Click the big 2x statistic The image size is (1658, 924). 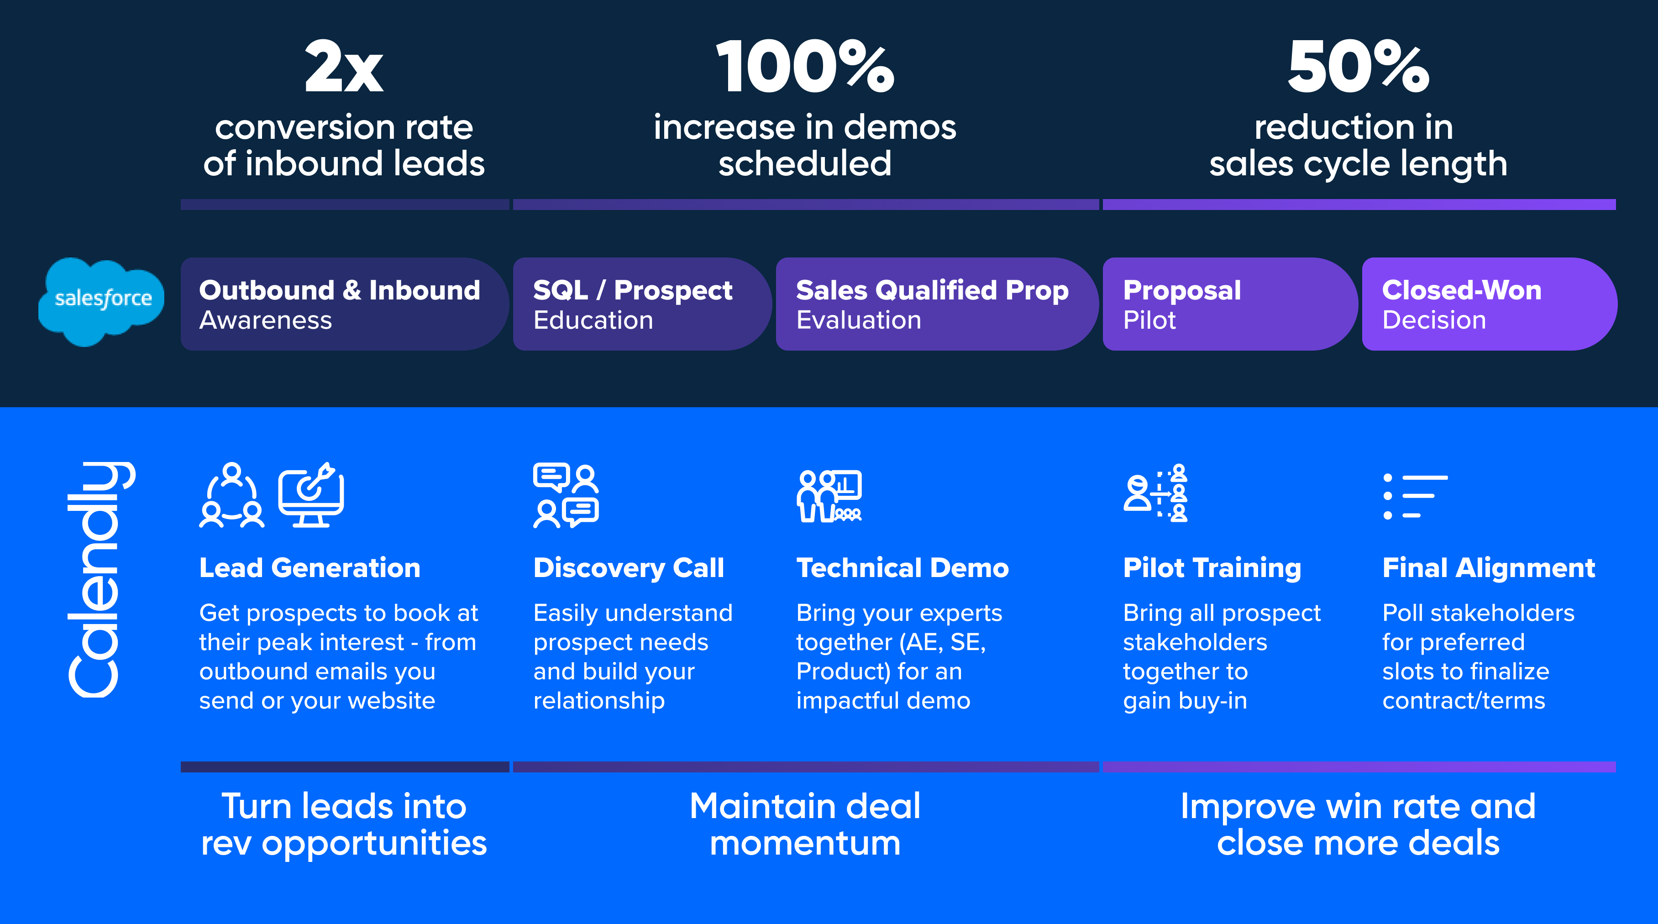[344, 67]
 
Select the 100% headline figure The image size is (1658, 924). [804, 67]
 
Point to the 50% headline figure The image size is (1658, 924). [1358, 67]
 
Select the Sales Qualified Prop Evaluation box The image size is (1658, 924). [933, 304]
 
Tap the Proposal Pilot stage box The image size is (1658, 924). [1226, 304]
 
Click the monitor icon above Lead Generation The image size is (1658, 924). [311, 495]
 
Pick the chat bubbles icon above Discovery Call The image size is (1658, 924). [566, 495]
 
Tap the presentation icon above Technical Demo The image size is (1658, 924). [829, 495]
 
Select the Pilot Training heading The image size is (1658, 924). [1212, 568]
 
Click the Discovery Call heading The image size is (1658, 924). [628, 568]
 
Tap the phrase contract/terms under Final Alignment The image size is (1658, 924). [1463, 701]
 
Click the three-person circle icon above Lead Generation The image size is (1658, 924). [232, 495]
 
